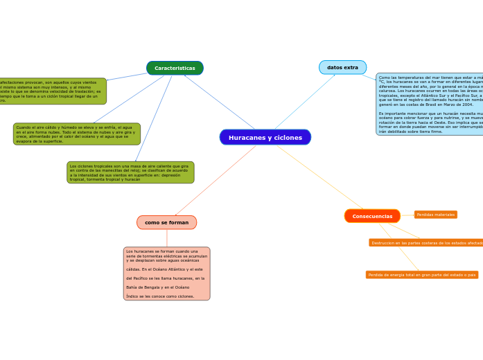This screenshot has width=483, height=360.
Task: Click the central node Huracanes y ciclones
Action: pos(265,137)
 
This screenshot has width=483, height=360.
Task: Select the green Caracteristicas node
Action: pos(175,68)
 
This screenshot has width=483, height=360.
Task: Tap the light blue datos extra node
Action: pos(342,67)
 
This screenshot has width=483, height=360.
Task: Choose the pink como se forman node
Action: pos(166,222)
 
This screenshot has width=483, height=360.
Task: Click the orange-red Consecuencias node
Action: pos(372,216)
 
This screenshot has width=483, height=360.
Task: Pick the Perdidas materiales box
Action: pos(435,215)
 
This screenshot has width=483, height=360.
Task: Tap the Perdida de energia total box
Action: pos(421,275)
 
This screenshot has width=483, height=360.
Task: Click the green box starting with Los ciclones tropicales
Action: pos(130,172)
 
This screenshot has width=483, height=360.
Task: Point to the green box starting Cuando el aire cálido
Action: pos(76,134)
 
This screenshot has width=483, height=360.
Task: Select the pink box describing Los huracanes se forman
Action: pos(166,273)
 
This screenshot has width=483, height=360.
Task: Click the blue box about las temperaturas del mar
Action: pos(430,104)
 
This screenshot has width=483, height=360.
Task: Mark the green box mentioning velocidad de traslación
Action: pos(52,91)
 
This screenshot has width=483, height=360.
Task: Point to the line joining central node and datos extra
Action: pos(305,101)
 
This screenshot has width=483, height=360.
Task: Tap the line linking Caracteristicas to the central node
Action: pos(218,102)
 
